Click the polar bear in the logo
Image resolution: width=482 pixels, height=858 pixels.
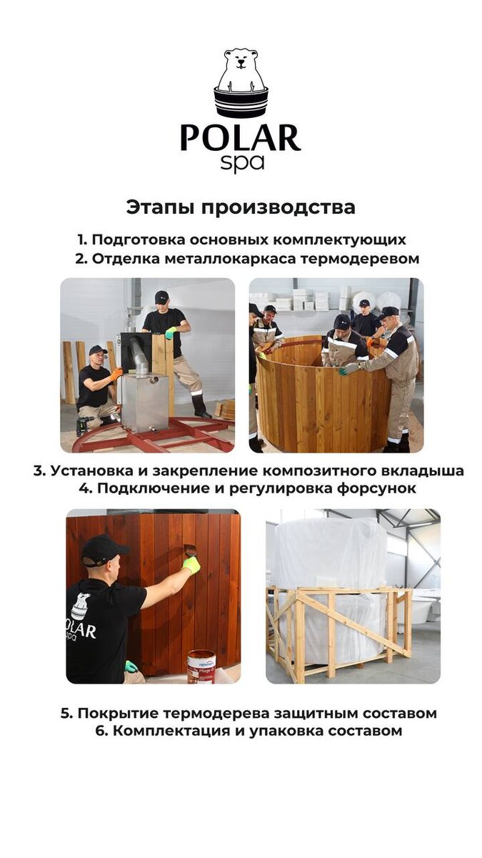pos(241,71)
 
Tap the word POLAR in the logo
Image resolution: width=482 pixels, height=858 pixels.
pos(240,137)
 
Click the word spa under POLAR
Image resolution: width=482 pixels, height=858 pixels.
pos(241,162)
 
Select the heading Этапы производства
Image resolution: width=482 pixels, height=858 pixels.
pos(241,207)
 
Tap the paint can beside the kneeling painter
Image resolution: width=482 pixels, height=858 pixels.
pos(201,666)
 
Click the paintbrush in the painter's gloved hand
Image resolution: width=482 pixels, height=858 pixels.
pos(190,551)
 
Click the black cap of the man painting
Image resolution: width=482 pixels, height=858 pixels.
pos(103,549)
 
